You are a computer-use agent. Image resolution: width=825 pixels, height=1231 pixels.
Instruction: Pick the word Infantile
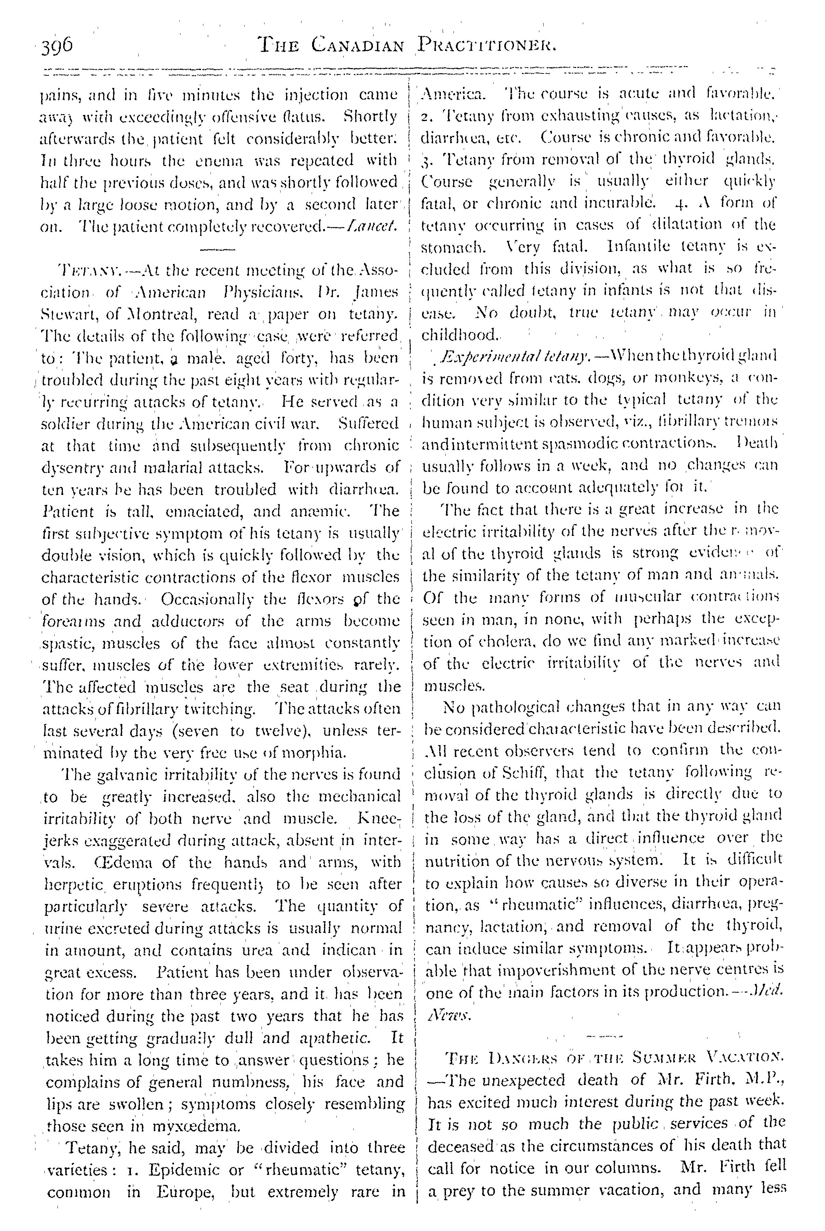(x=636, y=246)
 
